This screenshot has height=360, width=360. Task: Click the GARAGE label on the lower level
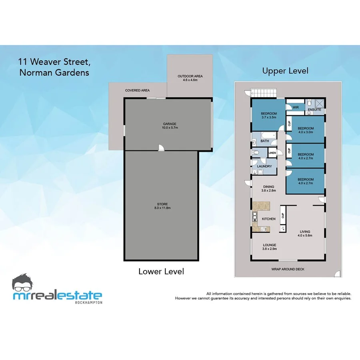[169, 124]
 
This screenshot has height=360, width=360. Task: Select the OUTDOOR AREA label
[190, 76]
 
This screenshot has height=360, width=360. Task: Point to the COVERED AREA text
[137, 91]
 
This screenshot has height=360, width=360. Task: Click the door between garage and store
[161, 148]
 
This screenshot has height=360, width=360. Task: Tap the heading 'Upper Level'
[285, 71]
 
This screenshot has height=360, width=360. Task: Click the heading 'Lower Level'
[161, 271]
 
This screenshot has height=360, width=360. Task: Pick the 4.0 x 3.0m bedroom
[306, 130]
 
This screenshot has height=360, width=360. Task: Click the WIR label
[296, 107]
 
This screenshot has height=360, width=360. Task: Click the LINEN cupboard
[272, 153]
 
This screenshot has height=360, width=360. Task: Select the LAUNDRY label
[264, 166]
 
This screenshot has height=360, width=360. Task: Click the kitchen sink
[254, 217]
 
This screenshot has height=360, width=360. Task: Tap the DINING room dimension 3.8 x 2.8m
[268, 191]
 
